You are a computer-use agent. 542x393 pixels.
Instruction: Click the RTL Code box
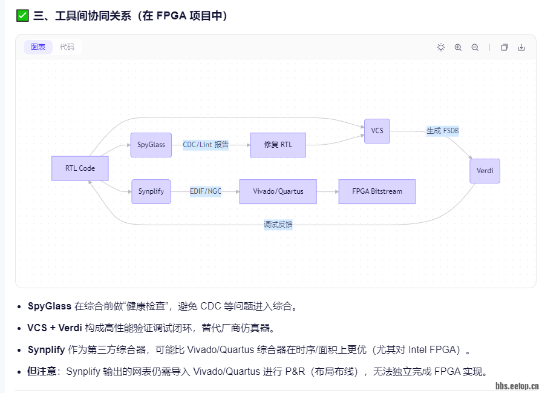(x=80, y=168)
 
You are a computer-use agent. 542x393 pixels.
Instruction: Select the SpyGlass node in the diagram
(x=151, y=145)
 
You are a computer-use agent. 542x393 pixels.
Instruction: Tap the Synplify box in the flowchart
(x=151, y=191)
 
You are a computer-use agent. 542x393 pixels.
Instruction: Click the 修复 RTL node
(x=278, y=145)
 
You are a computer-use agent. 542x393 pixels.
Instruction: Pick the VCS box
(x=377, y=131)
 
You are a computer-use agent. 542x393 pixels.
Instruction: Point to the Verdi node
(x=485, y=171)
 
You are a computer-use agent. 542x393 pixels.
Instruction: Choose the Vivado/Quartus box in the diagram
(x=278, y=191)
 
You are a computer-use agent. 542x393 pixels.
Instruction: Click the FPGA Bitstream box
(x=377, y=191)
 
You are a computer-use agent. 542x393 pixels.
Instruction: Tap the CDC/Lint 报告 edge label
(x=206, y=145)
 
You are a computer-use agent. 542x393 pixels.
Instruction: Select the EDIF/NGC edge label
(x=206, y=191)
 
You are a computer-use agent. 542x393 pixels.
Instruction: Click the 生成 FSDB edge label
(x=443, y=131)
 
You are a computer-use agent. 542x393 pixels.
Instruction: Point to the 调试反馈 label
(x=278, y=225)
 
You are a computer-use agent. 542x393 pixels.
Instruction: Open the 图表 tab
(x=38, y=47)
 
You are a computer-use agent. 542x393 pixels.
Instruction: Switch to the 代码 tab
(x=67, y=47)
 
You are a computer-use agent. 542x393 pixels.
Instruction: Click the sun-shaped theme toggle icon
(x=441, y=47)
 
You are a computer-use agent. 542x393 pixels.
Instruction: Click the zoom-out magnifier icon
(x=475, y=47)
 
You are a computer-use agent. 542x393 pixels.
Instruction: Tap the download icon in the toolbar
(x=521, y=47)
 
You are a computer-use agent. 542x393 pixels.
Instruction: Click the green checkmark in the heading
(x=22, y=16)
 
